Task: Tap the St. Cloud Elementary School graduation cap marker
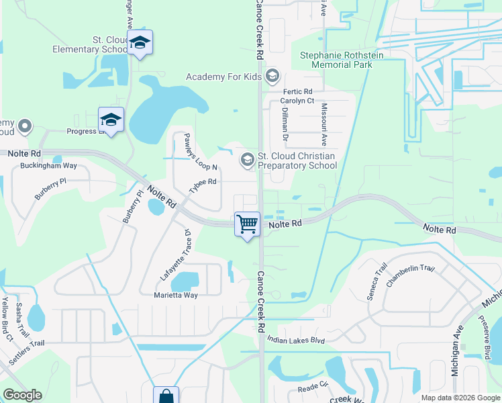(140, 43)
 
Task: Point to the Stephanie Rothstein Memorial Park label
(342, 60)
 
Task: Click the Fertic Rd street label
(298, 91)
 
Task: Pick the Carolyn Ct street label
(297, 101)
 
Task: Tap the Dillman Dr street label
(285, 124)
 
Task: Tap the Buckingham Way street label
(48, 165)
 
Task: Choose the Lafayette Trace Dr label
(177, 255)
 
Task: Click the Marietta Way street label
(173, 295)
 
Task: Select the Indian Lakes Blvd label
(295, 341)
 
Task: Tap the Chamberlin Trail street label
(410, 269)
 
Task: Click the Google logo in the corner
(22, 394)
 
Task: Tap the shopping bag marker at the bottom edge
(166, 396)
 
